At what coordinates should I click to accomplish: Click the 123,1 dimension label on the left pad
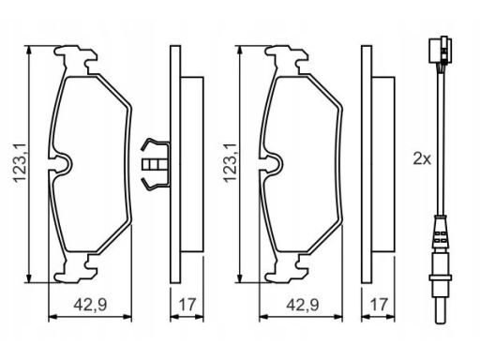[x=19, y=163]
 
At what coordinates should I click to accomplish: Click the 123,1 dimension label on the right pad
[x=230, y=163]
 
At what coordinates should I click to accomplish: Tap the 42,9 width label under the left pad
[x=90, y=305]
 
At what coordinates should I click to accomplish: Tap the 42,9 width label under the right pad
[x=303, y=305]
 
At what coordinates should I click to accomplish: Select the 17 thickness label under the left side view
[x=187, y=305]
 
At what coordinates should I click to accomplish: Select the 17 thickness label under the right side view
[x=378, y=305]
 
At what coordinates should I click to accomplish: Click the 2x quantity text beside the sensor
[x=422, y=158]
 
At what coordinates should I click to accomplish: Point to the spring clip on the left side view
[x=156, y=164]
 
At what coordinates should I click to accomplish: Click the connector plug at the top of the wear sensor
[x=442, y=51]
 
